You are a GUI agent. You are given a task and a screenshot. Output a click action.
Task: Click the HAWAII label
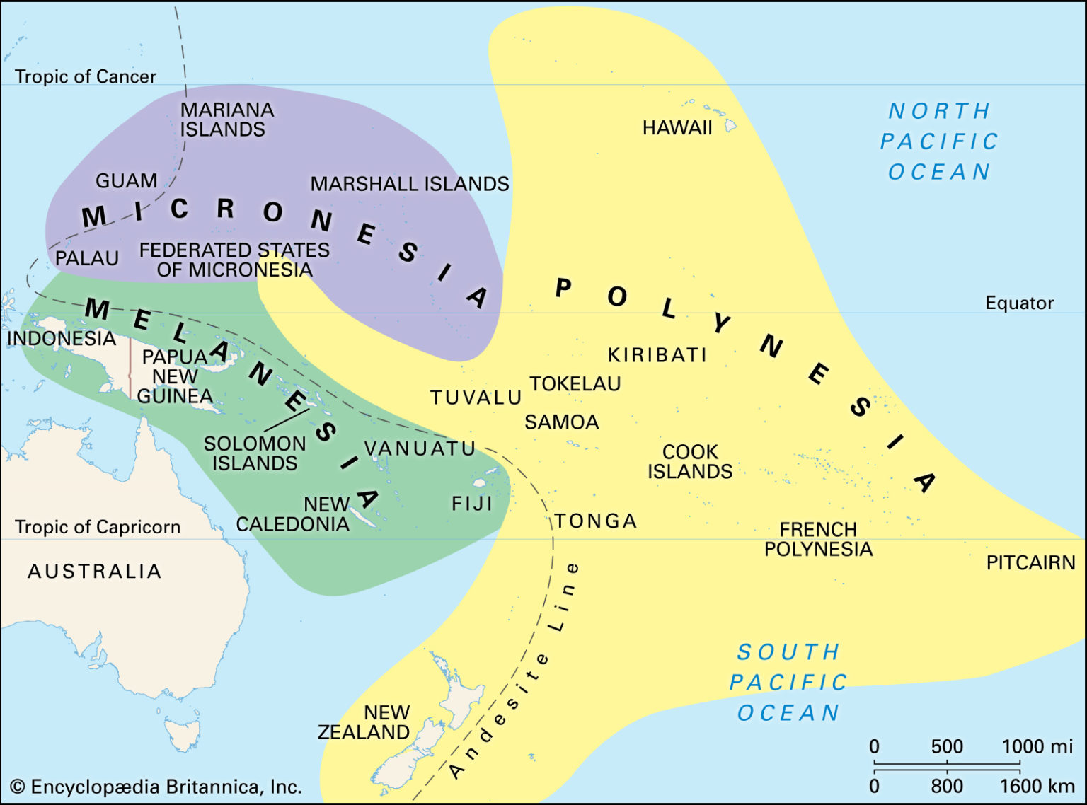click(677, 128)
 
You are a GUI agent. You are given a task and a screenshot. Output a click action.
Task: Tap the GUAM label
click(127, 181)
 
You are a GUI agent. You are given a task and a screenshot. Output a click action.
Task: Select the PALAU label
click(87, 258)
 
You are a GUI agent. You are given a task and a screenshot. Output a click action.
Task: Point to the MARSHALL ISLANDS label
click(410, 184)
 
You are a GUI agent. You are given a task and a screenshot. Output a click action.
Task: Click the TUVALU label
click(476, 398)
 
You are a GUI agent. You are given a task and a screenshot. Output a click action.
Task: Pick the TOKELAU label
click(575, 384)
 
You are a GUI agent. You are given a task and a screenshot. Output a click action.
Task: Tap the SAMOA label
click(562, 422)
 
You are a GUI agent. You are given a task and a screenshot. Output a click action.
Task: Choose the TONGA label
click(596, 521)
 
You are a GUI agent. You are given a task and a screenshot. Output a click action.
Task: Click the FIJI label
click(472, 504)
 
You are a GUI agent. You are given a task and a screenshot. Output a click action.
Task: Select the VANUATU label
click(420, 448)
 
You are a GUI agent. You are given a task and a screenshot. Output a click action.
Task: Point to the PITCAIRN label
click(1030, 563)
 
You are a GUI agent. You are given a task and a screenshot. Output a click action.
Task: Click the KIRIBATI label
click(657, 355)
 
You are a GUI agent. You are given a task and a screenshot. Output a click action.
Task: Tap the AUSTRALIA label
click(95, 572)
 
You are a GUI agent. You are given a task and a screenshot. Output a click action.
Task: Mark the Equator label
click(1019, 303)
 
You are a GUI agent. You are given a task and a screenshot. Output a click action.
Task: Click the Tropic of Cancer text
click(86, 76)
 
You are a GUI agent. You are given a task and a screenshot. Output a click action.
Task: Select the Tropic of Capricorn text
click(98, 527)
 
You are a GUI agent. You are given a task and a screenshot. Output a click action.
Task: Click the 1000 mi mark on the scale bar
click(1037, 747)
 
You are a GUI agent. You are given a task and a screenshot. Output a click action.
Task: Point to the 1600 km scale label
click(1037, 786)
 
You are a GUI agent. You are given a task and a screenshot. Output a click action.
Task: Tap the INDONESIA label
click(62, 339)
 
